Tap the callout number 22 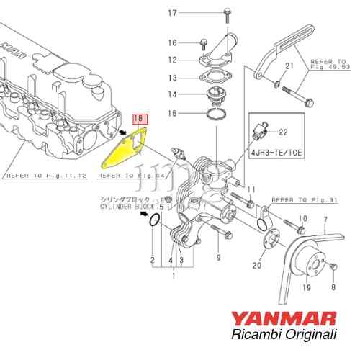tap(282, 132)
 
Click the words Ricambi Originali tap(289, 335)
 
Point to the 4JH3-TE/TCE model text tap(278, 153)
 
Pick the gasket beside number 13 tap(215, 76)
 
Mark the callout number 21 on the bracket tap(289, 67)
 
